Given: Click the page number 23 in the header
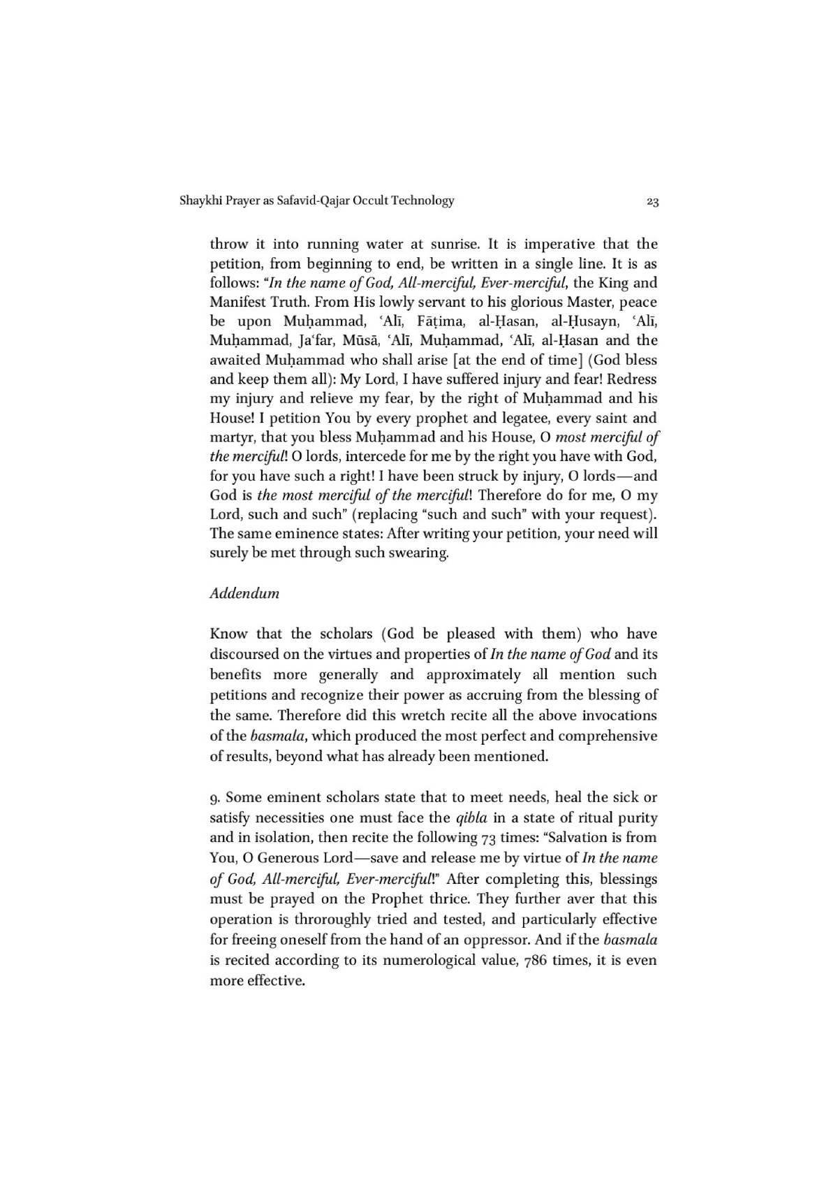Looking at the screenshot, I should click(x=652, y=202).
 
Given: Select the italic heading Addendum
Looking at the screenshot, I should click(x=244, y=593).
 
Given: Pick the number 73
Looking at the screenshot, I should click(x=488, y=838).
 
